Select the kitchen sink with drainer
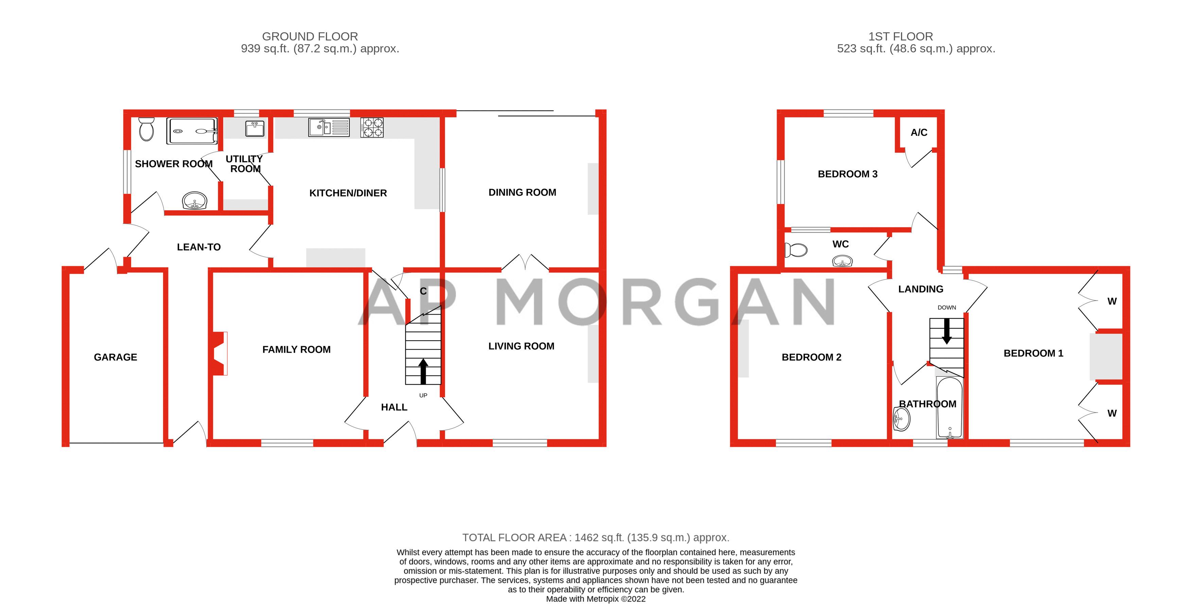pyautogui.click(x=329, y=127)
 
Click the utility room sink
pyautogui.click(x=255, y=128)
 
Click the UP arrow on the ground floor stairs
pyautogui.click(x=423, y=371)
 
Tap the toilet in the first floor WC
pyautogui.click(x=796, y=250)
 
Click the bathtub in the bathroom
pyautogui.click(x=950, y=407)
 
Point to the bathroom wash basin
pyautogui.click(x=901, y=419)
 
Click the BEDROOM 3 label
pyautogui.click(x=847, y=174)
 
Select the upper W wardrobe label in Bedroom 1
pyautogui.click(x=1112, y=301)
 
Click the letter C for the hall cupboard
pyautogui.click(x=423, y=291)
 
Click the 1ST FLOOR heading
pyautogui.click(x=900, y=37)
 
